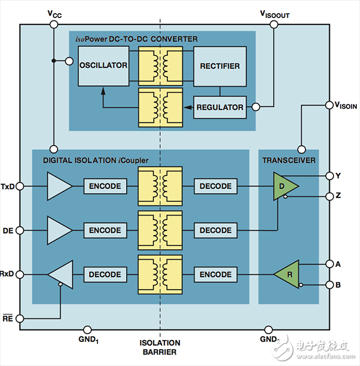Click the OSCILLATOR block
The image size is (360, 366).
pos(103,65)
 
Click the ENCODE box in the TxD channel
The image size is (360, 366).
pos(105,186)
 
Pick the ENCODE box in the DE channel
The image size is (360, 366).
pos(105,230)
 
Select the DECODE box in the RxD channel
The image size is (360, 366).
pos(105,274)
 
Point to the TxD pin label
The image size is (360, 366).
pos(8,186)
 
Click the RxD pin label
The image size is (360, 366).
pos(8,274)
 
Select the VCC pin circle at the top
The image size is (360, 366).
pos(53,24)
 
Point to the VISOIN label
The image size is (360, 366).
pos(344,106)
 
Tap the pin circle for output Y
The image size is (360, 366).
pos(329,176)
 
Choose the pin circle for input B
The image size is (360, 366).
pos(329,284)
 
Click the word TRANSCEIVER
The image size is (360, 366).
pos(289,160)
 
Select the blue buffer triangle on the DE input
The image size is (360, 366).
pos(58,230)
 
